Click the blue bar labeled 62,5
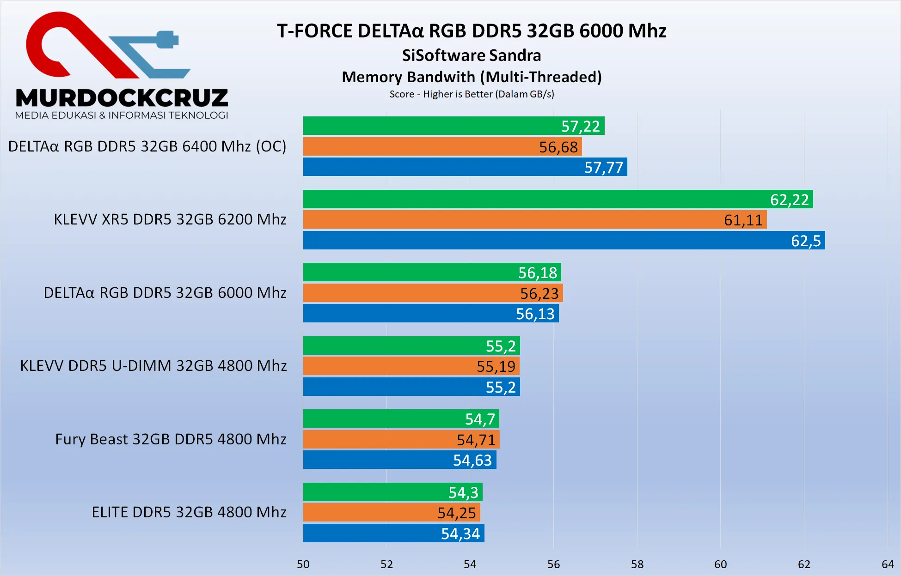564,240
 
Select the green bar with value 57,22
454,126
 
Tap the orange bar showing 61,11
535,219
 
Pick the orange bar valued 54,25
392,512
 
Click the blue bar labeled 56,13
431,313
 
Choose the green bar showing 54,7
401,418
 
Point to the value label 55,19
496,366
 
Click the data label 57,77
603,167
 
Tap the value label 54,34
460,534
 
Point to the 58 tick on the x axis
637,564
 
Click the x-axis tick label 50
303,564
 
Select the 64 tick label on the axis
888,564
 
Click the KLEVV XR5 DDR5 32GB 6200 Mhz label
170,219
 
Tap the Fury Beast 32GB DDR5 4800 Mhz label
171,439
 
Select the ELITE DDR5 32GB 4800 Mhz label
189,512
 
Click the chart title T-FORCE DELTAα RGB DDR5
472,31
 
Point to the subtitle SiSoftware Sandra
472,55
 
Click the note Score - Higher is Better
472,94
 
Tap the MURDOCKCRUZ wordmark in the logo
122,98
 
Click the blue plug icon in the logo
166,40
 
